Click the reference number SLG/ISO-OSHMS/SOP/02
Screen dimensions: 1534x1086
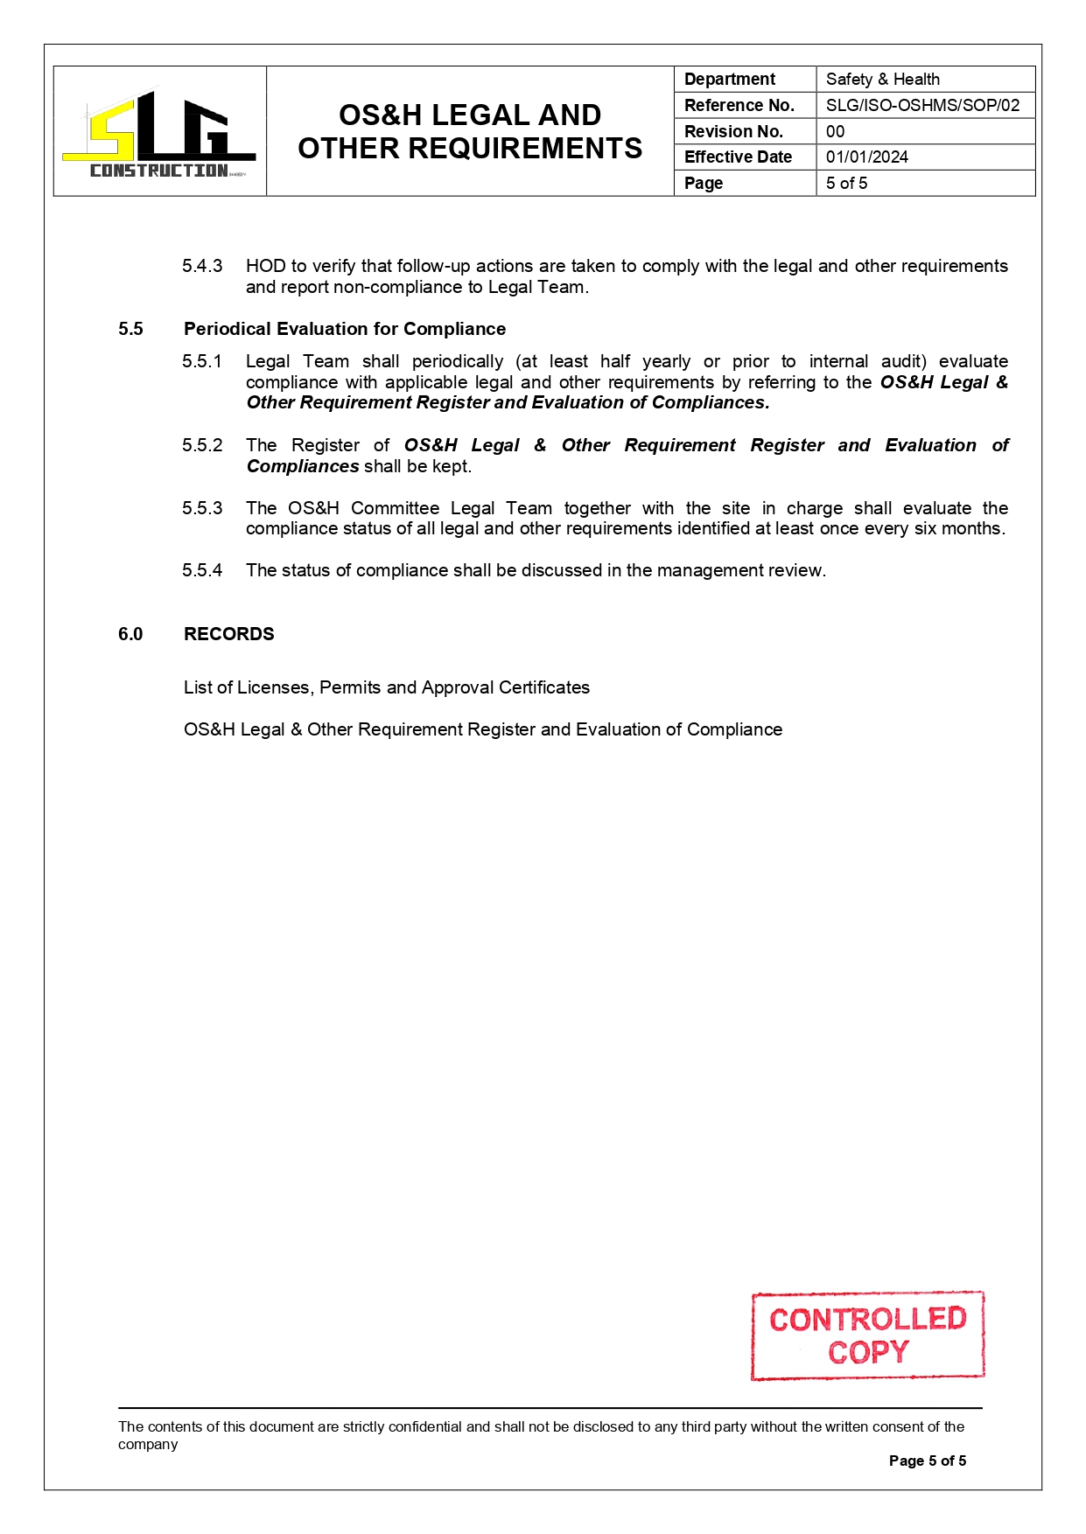pyautogui.click(x=922, y=105)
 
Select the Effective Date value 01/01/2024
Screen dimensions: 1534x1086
pyautogui.click(x=866, y=157)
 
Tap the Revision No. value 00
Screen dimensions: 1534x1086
pyautogui.click(x=835, y=131)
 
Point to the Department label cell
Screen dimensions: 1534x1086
pyautogui.click(x=729, y=80)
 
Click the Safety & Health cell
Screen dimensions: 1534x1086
pyautogui.click(x=882, y=80)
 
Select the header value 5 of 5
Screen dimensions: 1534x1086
pyautogui.click(x=846, y=183)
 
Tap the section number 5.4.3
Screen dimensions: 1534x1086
pyautogui.click(x=202, y=266)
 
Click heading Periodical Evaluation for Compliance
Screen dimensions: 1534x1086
pyautogui.click(x=345, y=329)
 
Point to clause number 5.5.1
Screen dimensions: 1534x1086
pyautogui.click(x=202, y=361)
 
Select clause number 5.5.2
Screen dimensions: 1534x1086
pyautogui.click(x=202, y=445)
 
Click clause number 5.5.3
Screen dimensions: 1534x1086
pyautogui.click(x=202, y=508)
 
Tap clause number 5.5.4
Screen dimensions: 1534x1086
pyautogui.click(x=202, y=570)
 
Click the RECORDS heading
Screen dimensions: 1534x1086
pyautogui.click(x=228, y=634)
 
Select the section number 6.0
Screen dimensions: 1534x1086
pyautogui.click(x=130, y=634)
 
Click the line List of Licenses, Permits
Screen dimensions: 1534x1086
pyautogui.click(x=386, y=687)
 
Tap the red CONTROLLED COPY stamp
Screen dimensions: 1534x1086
pyautogui.click(x=867, y=1335)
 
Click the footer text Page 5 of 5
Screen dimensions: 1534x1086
pyautogui.click(x=927, y=1461)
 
